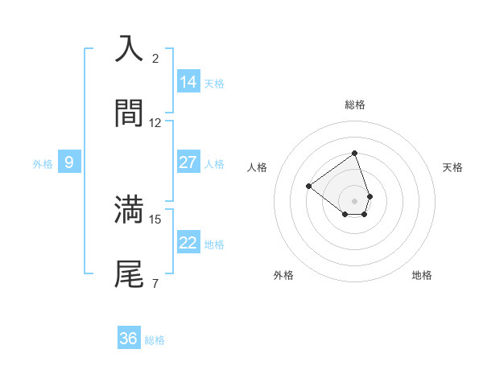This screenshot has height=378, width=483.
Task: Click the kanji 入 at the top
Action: click(x=129, y=48)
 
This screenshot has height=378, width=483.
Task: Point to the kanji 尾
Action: click(x=129, y=273)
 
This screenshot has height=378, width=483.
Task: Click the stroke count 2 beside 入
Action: click(x=155, y=59)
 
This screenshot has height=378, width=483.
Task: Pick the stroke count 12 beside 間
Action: click(x=155, y=123)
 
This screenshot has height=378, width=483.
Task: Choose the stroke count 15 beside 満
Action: click(x=155, y=219)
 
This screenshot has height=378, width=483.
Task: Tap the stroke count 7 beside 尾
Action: click(x=155, y=283)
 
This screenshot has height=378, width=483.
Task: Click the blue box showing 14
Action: click(x=188, y=82)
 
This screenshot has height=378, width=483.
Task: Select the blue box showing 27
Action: click(x=188, y=162)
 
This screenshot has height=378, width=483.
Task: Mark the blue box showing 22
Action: click(x=188, y=243)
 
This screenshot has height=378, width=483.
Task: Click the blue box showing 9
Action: click(x=69, y=162)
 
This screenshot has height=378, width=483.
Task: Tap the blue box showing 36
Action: click(x=128, y=339)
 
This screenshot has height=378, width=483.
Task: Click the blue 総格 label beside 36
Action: click(x=155, y=340)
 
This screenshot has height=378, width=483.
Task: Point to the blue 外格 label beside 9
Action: click(x=43, y=164)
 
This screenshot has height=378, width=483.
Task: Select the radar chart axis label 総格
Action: click(x=354, y=105)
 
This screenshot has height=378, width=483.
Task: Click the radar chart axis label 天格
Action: click(x=452, y=167)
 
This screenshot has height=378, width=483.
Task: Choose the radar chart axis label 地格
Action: click(x=422, y=275)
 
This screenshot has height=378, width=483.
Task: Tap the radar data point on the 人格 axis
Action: click(x=308, y=186)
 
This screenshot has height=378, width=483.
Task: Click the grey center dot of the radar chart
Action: click(x=354, y=200)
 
